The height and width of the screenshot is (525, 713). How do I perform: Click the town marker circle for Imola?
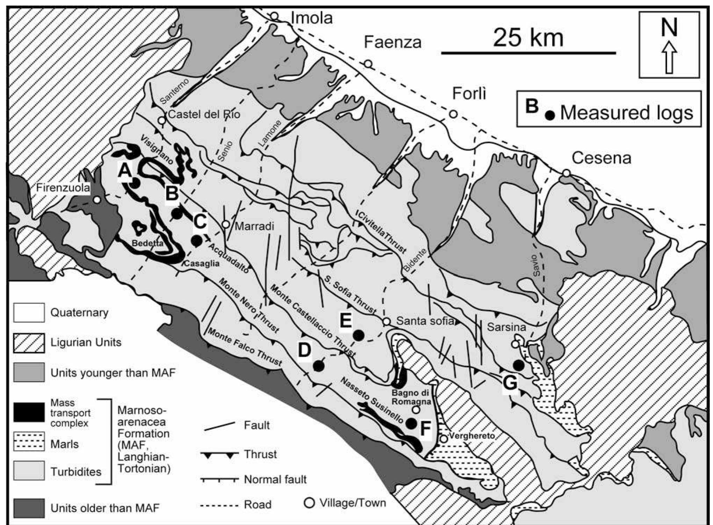275,16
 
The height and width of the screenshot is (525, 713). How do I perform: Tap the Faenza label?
392,42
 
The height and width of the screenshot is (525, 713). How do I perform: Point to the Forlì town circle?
453,114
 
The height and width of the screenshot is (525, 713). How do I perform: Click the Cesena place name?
601,158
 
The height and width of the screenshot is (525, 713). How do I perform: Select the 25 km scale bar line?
528,53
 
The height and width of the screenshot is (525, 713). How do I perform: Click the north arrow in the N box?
669,57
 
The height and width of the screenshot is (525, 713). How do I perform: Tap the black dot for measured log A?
136,182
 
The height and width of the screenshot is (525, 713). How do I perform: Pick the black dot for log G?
518,366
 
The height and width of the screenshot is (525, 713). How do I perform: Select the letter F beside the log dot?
425,429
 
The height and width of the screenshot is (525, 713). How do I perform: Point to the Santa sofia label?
425,321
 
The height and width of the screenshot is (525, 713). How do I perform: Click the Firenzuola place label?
63,188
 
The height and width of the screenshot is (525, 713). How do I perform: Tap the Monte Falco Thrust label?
245,347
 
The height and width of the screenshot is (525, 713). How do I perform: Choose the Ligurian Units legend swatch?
29,343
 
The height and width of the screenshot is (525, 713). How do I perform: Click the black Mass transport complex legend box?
29,412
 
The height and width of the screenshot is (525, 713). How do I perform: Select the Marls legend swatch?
29,442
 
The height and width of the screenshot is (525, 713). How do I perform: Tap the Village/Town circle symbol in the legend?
309,503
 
